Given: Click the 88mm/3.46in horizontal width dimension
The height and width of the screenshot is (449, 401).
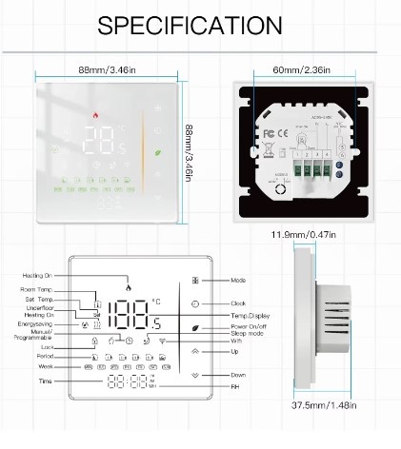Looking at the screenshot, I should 105,68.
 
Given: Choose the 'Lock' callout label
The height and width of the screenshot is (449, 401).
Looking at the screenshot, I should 48,347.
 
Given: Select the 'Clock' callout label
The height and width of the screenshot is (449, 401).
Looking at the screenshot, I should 238,303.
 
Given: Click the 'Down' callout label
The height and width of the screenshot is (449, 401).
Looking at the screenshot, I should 238,375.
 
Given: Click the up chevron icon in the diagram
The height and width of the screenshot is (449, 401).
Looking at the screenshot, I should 195,350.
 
